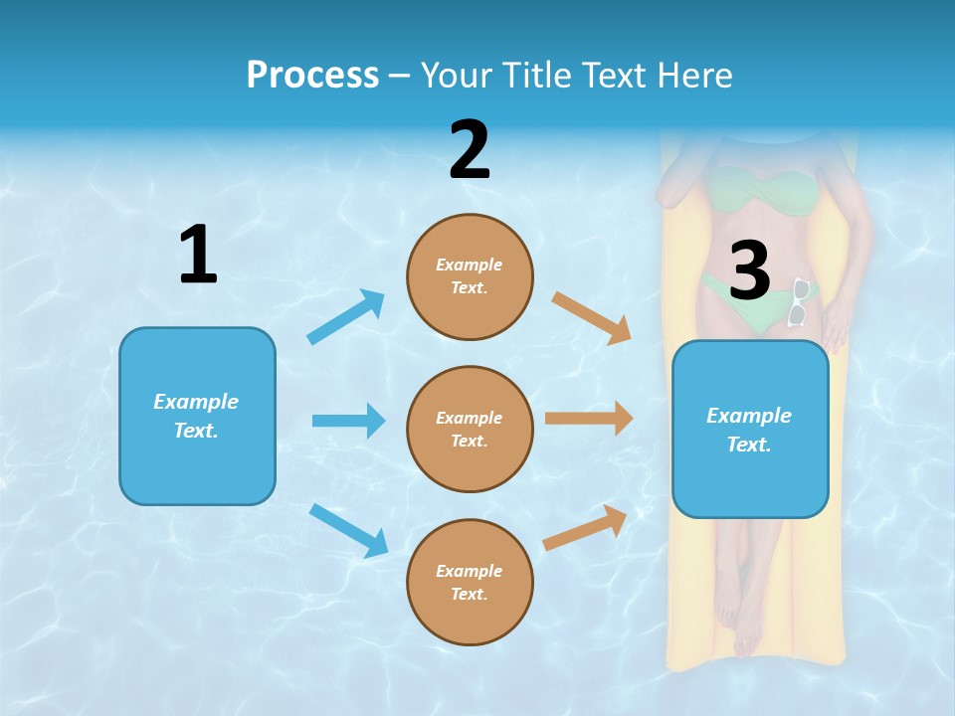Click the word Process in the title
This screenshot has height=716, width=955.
pyautogui.click(x=312, y=75)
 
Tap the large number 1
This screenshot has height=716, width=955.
pyautogui.click(x=198, y=255)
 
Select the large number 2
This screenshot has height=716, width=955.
pyautogui.click(x=470, y=150)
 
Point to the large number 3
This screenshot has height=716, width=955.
pyautogui.click(x=749, y=270)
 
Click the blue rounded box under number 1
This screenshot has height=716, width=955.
pyautogui.click(x=197, y=416)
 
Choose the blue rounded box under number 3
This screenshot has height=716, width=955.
pyautogui.click(x=750, y=429)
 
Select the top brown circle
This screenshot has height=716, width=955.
pyautogui.click(x=470, y=276)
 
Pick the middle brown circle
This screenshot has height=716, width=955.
pyautogui.click(x=470, y=429)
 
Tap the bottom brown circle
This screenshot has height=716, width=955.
pyautogui.click(x=470, y=582)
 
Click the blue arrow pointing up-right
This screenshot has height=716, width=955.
pyautogui.click(x=346, y=316)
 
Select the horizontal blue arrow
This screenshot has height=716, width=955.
pyautogui.click(x=348, y=421)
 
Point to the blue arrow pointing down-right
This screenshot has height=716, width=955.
pyautogui.click(x=348, y=530)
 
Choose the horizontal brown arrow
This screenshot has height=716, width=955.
pyautogui.click(x=589, y=418)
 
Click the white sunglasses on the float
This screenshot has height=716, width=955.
pyautogui.click(x=799, y=302)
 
